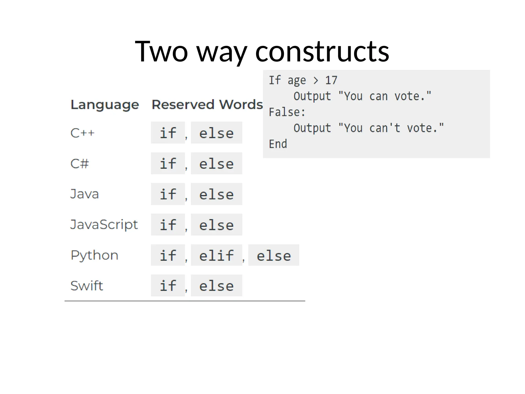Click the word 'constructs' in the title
point(322,52)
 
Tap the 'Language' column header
point(105,105)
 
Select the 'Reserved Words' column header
point(207,105)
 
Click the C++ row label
point(82,133)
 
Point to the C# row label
point(79,164)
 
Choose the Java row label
point(84,194)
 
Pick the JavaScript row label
point(104,225)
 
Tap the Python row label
point(94,255)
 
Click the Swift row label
point(87,286)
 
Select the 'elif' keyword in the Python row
point(217,255)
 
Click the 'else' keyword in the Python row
point(274,255)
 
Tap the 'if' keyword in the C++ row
point(168,133)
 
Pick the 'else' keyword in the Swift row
point(217,286)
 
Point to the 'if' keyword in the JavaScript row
point(168,225)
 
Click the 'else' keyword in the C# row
point(217,164)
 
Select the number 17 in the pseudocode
point(331,80)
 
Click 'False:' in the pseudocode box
point(287,112)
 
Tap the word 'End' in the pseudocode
point(278,144)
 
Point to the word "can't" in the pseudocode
point(385,128)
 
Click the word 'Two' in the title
point(161,52)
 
